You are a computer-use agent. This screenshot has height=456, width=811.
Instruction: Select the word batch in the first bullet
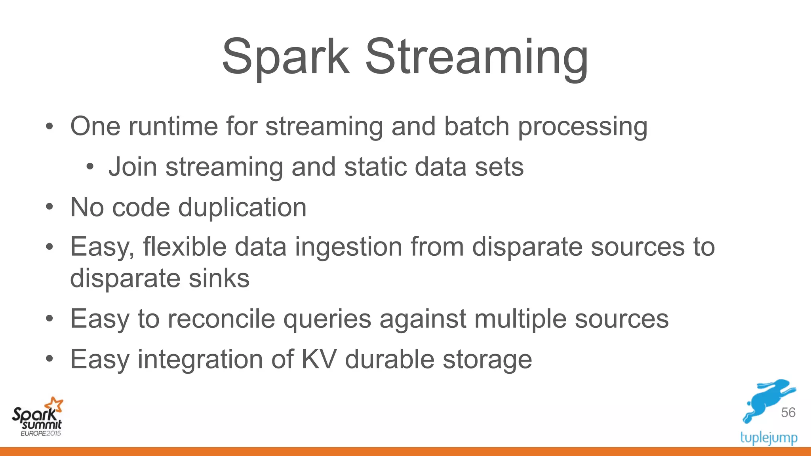pos(476,126)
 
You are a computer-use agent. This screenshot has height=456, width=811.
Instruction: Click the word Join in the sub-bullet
pos(133,167)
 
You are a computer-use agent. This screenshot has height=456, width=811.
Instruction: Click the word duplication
pos(242,207)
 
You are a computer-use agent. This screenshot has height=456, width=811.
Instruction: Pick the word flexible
pos(185,247)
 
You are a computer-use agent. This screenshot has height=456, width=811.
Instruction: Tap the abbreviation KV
pos(319,359)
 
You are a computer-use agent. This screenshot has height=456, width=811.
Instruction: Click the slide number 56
pos(788,412)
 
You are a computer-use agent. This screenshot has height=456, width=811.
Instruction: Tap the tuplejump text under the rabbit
pos(769,438)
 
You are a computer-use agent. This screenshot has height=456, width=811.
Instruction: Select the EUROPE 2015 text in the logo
pos(41,433)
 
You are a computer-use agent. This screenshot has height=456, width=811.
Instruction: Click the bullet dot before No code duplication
pos(49,207)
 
